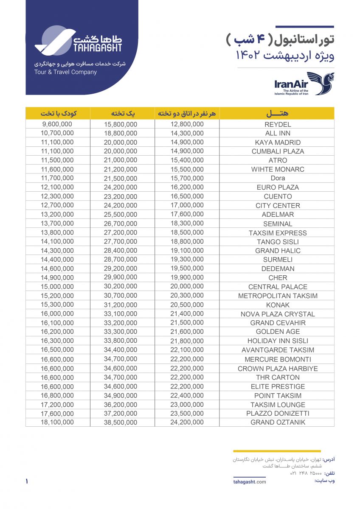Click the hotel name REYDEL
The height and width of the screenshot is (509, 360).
278,125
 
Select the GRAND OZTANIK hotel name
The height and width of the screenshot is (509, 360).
278,422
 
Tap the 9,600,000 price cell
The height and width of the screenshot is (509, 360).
57,124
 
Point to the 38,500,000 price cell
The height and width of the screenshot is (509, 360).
121,422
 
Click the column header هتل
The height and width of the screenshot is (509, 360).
277,113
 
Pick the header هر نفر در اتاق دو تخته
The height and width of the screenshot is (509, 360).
187,113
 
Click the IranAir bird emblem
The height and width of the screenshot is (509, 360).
321,83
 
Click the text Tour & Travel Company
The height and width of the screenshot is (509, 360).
65,72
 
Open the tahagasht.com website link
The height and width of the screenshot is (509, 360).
250,481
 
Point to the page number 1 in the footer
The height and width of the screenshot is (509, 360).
27,481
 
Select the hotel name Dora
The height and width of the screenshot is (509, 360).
278,178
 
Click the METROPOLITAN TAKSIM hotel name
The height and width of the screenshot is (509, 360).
278,296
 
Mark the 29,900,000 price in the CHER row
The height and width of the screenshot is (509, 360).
121,278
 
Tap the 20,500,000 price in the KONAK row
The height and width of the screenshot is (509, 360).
187,305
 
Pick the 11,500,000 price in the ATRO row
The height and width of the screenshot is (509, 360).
57,160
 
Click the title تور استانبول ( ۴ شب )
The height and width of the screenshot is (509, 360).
280,40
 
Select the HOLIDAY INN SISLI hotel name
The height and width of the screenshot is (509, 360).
278,341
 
